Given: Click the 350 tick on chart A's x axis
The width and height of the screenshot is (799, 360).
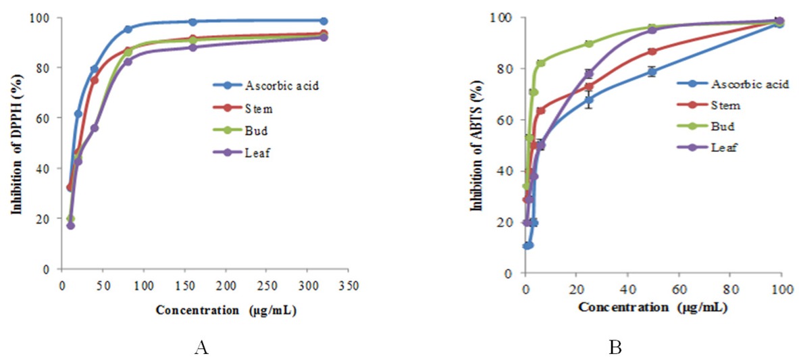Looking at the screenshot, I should [x=349, y=285].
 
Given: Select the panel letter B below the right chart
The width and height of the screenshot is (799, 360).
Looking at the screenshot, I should [x=615, y=349].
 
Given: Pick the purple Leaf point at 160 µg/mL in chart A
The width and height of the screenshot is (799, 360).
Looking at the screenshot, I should [x=192, y=47].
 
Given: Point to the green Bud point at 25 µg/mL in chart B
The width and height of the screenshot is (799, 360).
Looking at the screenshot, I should [x=589, y=43].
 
